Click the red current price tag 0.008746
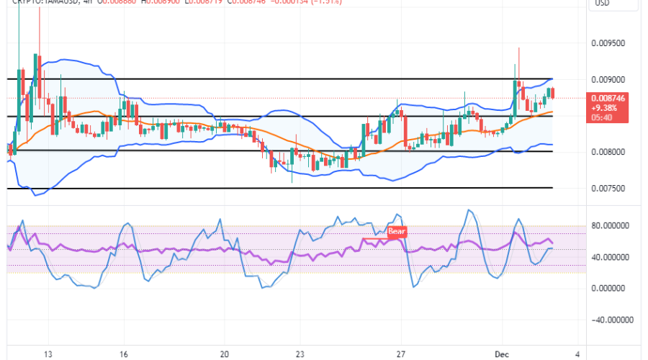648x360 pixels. (x=608, y=97)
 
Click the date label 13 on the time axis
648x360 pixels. (x=48, y=354)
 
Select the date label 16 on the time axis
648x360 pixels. (x=124, y=354)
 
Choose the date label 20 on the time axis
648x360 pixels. (x=225, y=354)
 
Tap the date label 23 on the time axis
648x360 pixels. (x=300, y=354)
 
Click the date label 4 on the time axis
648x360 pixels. (x=577, y=354)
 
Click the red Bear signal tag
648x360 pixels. (x=397, y=232)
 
